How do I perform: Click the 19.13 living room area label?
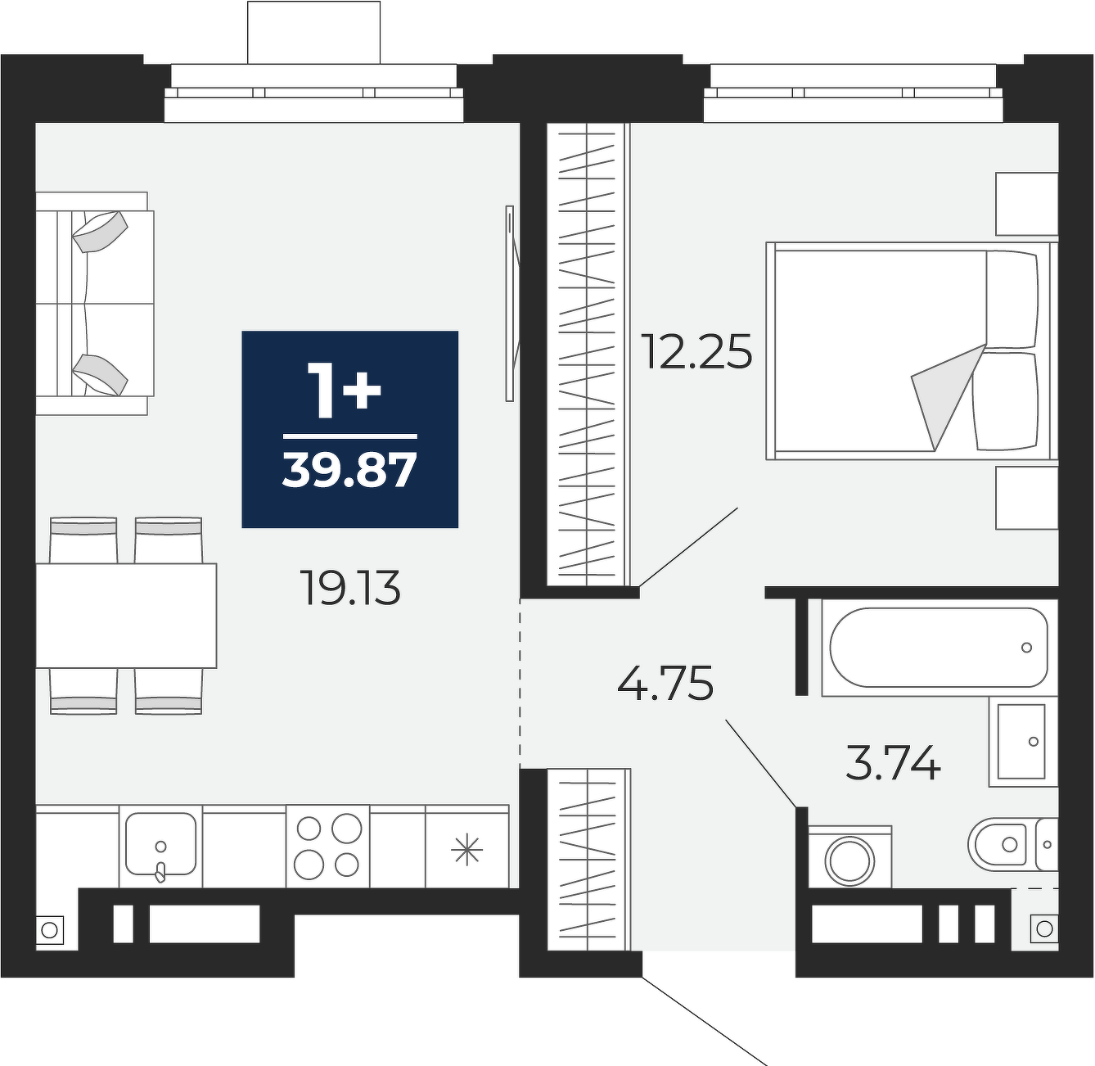pyautogui.click(x=352, y=588)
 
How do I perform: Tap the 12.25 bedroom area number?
pyautogui.click(x=698, y=351)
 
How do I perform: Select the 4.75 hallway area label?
pyautogui.click(x=665, y=683)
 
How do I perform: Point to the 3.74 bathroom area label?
pyautogui.click(x=894, y=762)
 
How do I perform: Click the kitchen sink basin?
pyautogui.click(x=160, y=843)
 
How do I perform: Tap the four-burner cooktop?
pyautogui.click(x=327, y=846)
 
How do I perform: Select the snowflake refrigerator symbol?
pyautogui.click(x=467, y=850)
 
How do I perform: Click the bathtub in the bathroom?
pyautogui.click(x=939, y=648)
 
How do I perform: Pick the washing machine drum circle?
pyautogui.click(x=849, y=861)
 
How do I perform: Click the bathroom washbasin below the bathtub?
pyautogui.click(x=1022, y=741)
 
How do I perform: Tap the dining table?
pyautogui.click(x=126, y=615)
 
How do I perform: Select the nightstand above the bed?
pyautogui.click(x=1027, y=204)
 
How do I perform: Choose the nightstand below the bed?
pyautogui.click(x=1027, y=498)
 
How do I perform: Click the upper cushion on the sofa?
pyautogui.click(x=100, y=231)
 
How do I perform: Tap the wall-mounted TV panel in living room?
pyautogui.click(x=510, y=304)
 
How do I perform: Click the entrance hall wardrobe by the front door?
pyautogui.click(x=588, y=860)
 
